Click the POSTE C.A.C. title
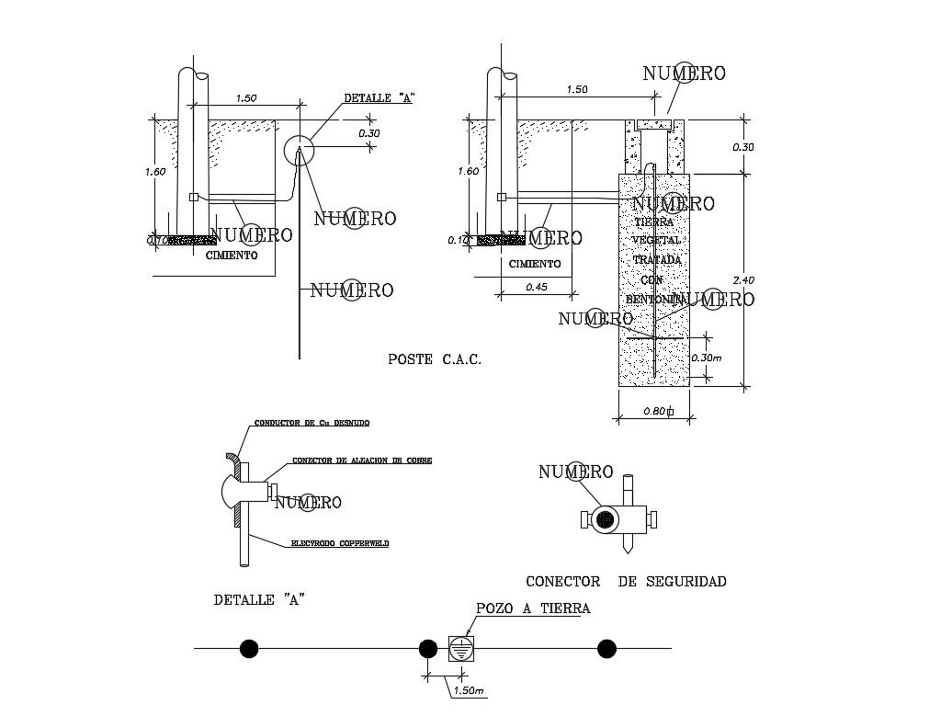pos(435,360)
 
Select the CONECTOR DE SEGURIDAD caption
pos(626,581)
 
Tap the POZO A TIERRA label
pos(533,608)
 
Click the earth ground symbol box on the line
pos(461,649)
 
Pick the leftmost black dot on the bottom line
pos(249,649)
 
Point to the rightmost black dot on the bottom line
pos(606,649)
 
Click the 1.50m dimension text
pos(469,690)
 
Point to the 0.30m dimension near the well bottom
pos(729,358)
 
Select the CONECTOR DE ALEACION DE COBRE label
pos(361,460)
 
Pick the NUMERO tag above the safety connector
pos(575,472)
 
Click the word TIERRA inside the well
pos(653,222)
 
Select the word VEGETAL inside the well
pos(655,241)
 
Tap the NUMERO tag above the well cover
pos(684,74)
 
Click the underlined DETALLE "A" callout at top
pos(378,97)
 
